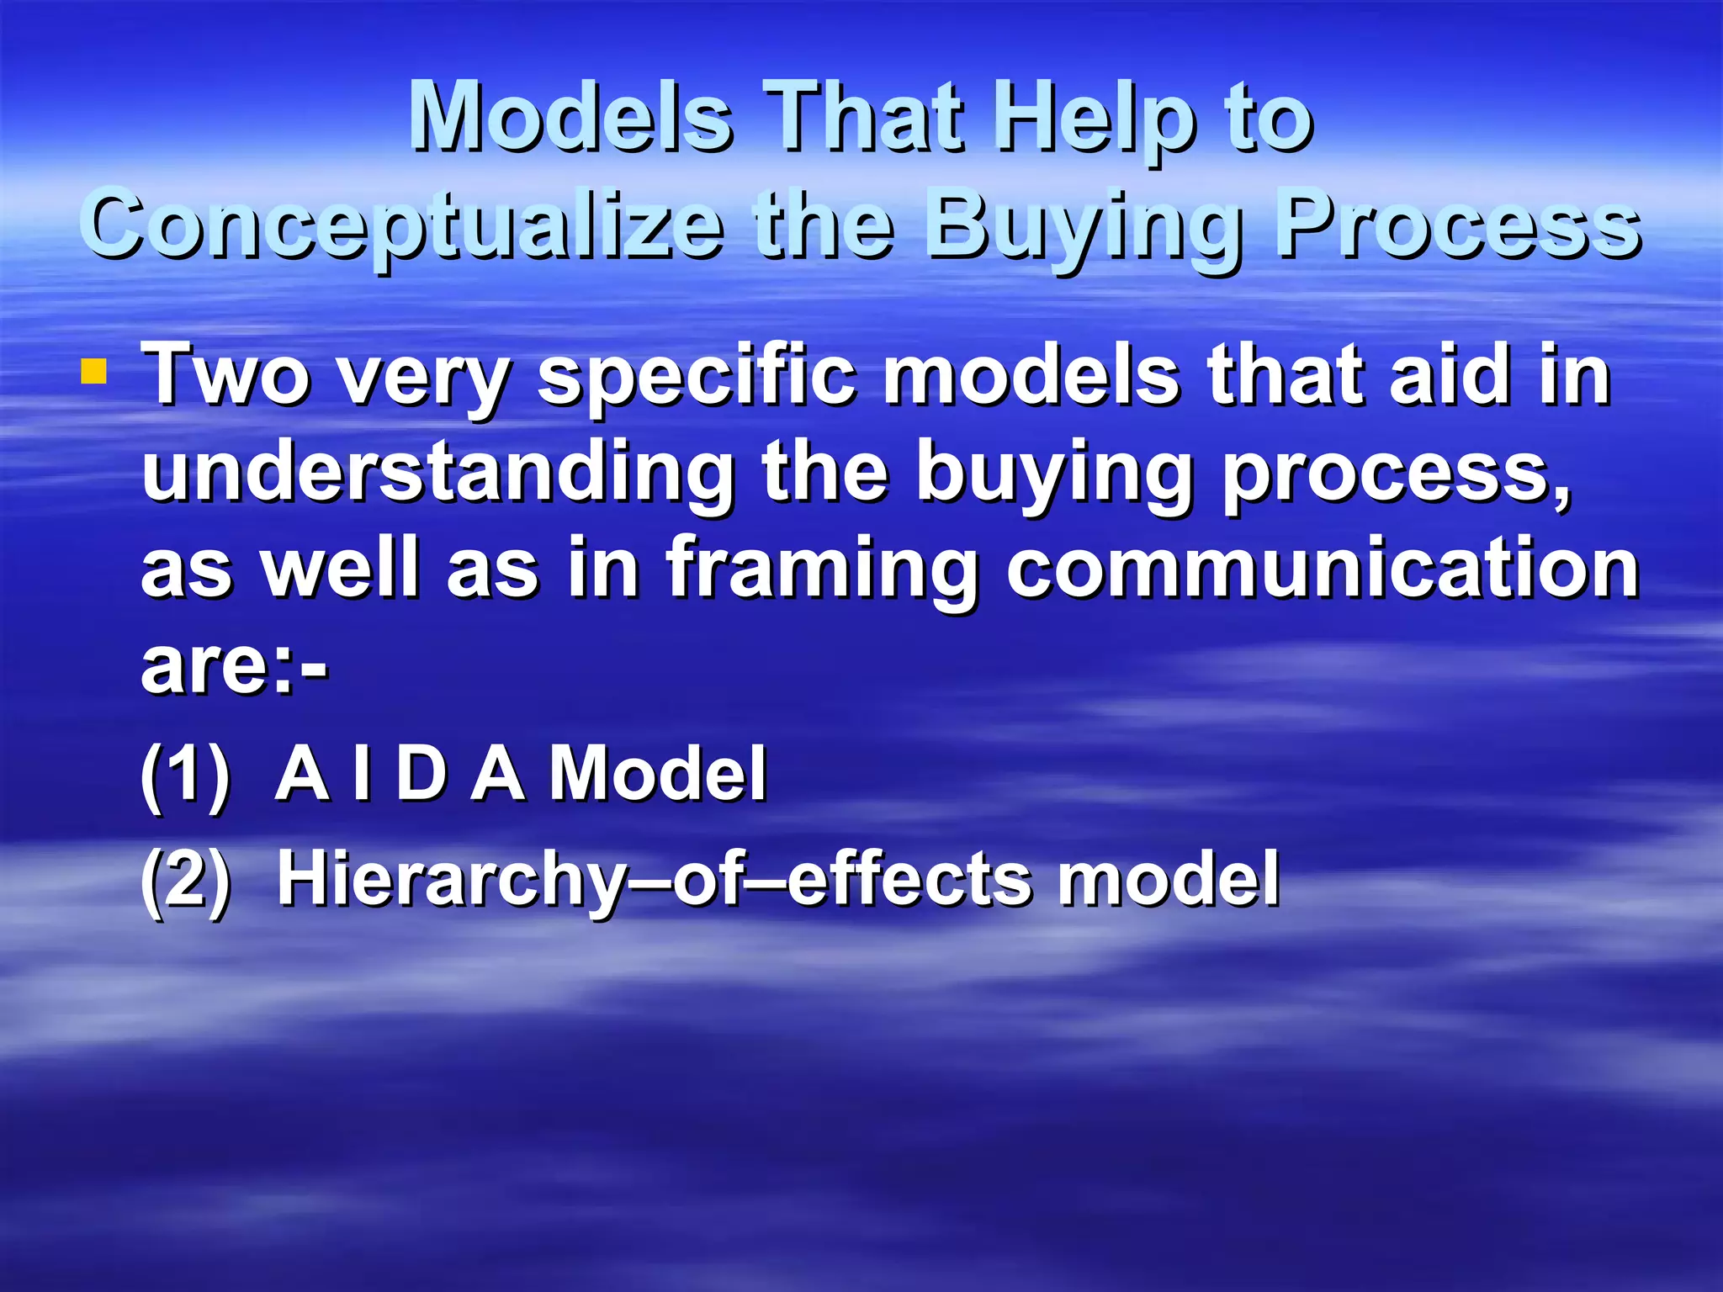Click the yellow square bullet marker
(x=93, y=372)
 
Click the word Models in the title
(x=570, y=118)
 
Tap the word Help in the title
(x=1095, y=118)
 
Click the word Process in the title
(x=1456, y=225)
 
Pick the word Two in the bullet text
(x=225, y=375)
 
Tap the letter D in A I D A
(x=421, y=774)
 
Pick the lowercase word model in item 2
(x=1169, y=880)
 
